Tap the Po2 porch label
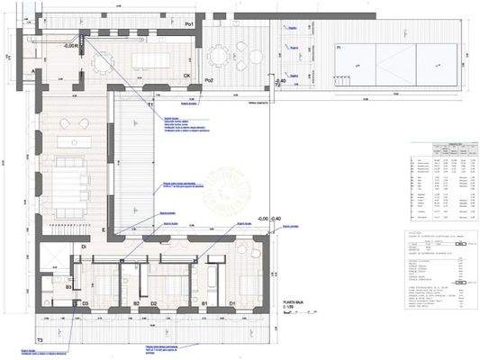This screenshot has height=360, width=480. pyautogui.click(x=208, y=81)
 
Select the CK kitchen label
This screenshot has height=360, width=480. pyautogui.click(x=186, y=76)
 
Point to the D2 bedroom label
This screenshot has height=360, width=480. pyautogui.click(x=154, y=304)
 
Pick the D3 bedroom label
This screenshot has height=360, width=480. pyautogui.click(x=85, y=304)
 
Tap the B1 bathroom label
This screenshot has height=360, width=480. pyautogui.click(x=204, y=304)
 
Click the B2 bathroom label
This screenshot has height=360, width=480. pyautogui.click(x=136, y=304)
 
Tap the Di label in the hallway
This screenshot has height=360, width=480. pyautogui.click(x=83, y=247)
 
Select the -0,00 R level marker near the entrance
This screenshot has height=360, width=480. pyautogui.click(x=71, y=45)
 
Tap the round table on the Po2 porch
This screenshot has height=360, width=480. pyautogui.click(x=219, y=56)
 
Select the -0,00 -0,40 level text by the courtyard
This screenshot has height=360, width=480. pyautogui.click(x=269, y=219)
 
